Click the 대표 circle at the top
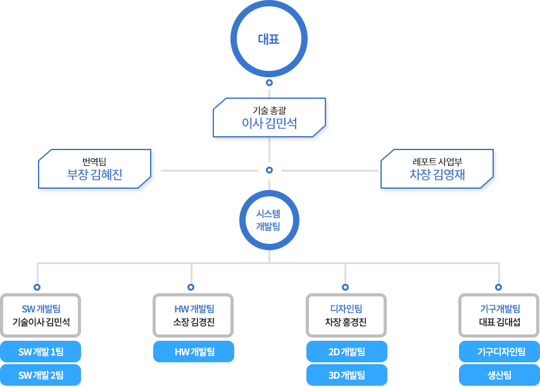pyautogui.click(x=269, y=39)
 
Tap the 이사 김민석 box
pyautogui.click(x=269, y=117)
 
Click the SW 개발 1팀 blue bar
pyautogui.click(x=41, y=352)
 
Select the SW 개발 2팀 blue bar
pyautogui.click(x=41, y=375)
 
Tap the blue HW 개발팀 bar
pyautogui.click(x=194, y=352)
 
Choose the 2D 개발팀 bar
pyautogui.click(x=346, y=352)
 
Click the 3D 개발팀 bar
pyautogui.click(x=346, y=375)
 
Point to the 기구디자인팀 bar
pyautogui.click(x=499, y=352)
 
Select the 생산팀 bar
pyautogui.click(x=499, y=375)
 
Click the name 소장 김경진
pyautogui.click(x=194, y=322)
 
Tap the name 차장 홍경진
pyautogui.click(x=346, y=322)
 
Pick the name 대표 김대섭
pyautogui.click(x=499, y=322)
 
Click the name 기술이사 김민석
pyautogui.click(x=41, y=322)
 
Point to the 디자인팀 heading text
pyautogui.click(x=346, y=309)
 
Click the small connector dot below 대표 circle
pyautogui.click(x=269, y=83)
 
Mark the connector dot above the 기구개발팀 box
pyautogui.click(x=498, y=286)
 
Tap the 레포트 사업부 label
pyautogui.click(x=437, y=161)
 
